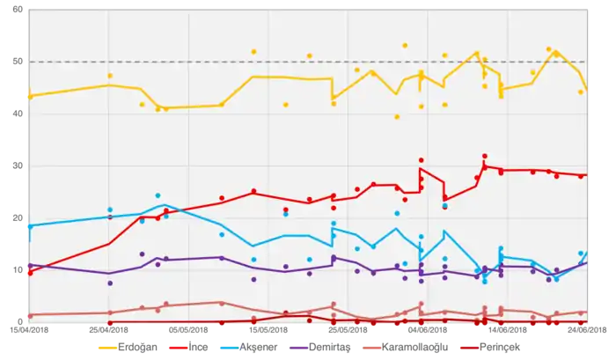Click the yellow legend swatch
click(106, 349)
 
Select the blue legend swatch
click(231, 349)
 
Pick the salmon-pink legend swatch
click(372, 349)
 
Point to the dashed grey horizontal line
click(264, 62)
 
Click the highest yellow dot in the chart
click(405, 45)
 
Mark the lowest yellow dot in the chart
click(397, 116)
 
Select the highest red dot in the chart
click(485, 156)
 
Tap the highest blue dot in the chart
click(158, 195)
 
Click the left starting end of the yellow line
click(29, 95)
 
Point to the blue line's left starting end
click(29, 226)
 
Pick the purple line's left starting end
click(29, 265)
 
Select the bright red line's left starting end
click(29, 273)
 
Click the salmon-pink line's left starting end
click(29, 315)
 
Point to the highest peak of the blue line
click(165, 205)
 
